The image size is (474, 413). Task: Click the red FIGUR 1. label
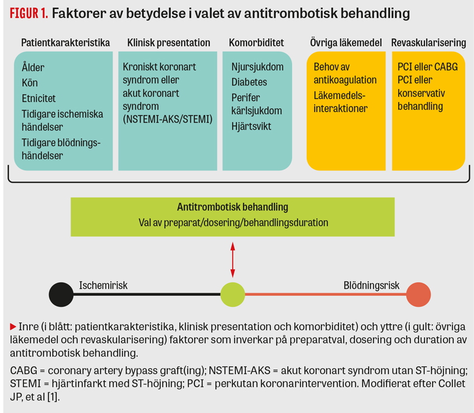(28, 13)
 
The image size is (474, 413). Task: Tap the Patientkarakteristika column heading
(65, 42)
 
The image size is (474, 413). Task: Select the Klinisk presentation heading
(168, 42)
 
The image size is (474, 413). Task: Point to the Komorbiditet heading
(257, 42)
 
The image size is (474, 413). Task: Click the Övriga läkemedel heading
(346, 42)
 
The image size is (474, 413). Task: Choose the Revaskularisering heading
(428, 42)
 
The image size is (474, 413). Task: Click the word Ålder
(33, 67)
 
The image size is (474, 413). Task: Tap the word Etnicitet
(38, 98)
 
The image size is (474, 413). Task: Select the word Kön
(30, 83)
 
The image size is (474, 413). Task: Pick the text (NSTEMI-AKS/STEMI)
(168, 119)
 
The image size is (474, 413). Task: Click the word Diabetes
(249, 82)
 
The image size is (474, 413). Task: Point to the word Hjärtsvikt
(251, 126)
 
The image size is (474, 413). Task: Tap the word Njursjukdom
(258, 67)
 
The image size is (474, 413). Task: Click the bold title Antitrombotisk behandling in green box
(233, 207)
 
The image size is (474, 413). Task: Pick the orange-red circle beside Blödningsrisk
(418, 294)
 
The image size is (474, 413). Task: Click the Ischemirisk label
(103, 285)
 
